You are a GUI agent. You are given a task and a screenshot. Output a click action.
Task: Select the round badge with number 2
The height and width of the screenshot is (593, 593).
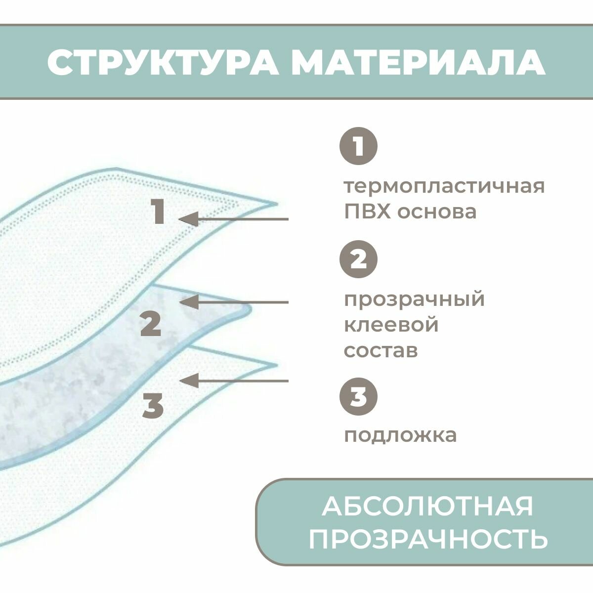point(358,260)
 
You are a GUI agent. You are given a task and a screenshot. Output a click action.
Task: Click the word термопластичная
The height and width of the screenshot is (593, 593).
point(444,187)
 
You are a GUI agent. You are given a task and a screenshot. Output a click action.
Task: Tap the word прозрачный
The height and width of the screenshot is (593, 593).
point(414,300)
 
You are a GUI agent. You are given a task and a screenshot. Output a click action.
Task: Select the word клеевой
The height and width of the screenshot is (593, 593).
point(391,325)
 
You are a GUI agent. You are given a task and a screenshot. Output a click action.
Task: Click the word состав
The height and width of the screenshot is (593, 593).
point(381,351)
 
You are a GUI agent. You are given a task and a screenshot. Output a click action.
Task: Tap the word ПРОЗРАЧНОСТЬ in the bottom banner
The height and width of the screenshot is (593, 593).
point(428,539)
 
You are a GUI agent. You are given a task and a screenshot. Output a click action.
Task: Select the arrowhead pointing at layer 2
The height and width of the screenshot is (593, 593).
point(190,301)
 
